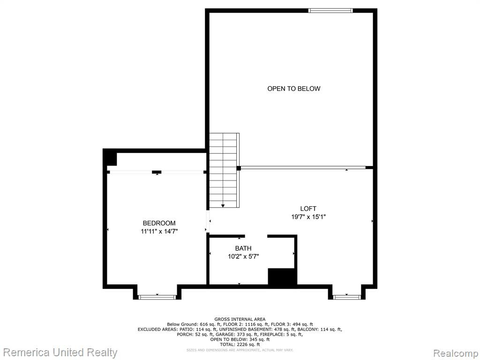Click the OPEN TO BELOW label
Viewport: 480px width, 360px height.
tap(293, 89)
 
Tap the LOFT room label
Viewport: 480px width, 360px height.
tap(308, 209)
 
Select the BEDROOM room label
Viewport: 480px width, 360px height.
tap(159, 223)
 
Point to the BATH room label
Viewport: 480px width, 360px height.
tap(243, 248)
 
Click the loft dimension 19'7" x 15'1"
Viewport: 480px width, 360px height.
tap(308, 217)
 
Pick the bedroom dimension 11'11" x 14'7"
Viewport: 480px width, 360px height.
tap(159, 232)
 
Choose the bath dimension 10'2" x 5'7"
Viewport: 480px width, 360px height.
tap(243, 256)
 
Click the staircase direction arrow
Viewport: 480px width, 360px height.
tap(223, 206)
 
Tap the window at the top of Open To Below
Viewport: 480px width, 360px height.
tap(330, 11)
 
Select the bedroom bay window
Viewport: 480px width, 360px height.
tap(157, 297)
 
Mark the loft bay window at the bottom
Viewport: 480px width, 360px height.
tap(347, 297)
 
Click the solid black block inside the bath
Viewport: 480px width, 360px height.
tap(282, 277)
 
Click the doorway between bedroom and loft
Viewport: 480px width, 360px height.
tap(208, 221)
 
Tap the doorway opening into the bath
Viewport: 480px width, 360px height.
tap(256, 236)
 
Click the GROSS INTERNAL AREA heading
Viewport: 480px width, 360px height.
tap(240, 319)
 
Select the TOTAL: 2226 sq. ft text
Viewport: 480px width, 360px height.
tap(240, 345)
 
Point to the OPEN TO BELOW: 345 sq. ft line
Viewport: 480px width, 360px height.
tap(240, 339)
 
